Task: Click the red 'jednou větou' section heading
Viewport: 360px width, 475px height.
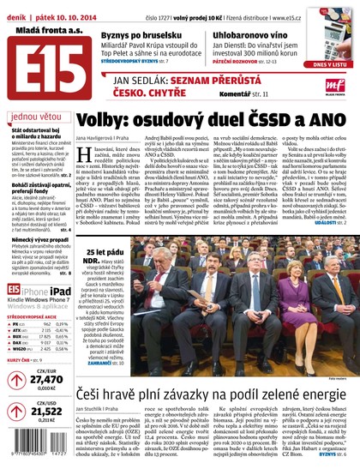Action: click(x=36, y=116)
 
